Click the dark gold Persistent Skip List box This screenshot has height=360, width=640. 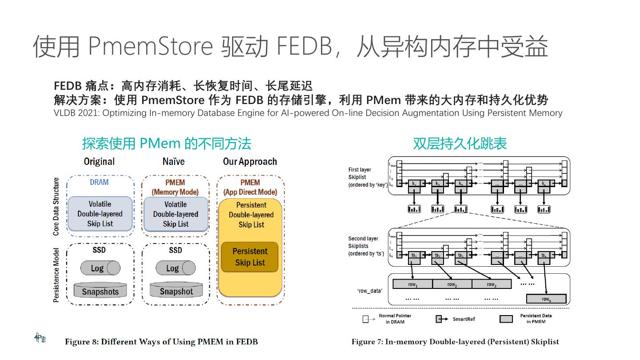[x=250, y=257]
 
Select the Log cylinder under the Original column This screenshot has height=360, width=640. [x=100, y=268]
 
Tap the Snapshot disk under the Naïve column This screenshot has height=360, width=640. [x=176, y=291]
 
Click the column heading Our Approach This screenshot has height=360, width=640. [x=250, y=161]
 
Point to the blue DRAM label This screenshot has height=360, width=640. [x=99, y=182]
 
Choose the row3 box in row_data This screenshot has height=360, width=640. [x=491, y=284]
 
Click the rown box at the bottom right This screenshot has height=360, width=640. [x=546, y=299]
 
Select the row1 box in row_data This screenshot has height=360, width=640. [x=412, y=284]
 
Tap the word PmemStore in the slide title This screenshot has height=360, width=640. [x=150, y=46]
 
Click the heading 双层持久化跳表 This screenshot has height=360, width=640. [x=460, y=143]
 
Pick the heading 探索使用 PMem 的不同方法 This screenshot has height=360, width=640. [x=167, y=143]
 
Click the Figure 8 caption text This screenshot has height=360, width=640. [x=161, y=342]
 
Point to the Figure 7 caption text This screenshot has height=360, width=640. [x=455, y=342]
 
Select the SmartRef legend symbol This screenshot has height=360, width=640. [x=441, y=319]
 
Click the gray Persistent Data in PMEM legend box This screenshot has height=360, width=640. [x=506, y=319]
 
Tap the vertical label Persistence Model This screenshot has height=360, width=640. [x=56, y=275]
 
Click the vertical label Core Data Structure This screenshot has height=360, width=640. [x=56, y=207]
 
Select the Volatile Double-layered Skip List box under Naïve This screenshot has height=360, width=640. [x=176, y=214]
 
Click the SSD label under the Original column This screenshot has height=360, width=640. [x=99, y=250]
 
